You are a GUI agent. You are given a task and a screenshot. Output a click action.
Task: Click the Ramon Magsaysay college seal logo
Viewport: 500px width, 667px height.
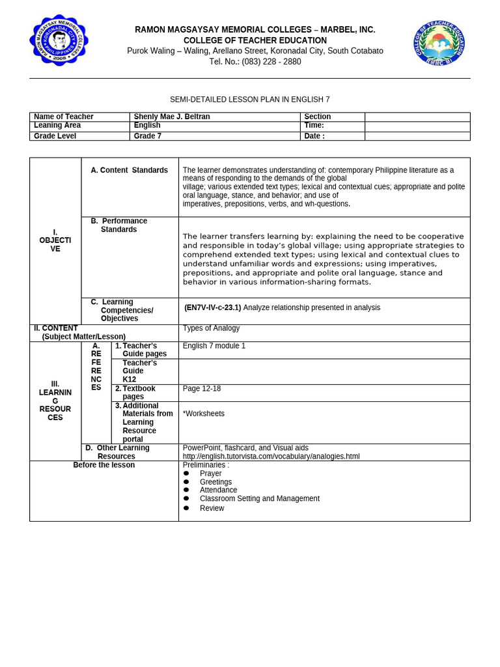click(x=59, y=40)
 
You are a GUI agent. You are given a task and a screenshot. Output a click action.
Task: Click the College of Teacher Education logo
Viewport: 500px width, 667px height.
click(x=439, y=42)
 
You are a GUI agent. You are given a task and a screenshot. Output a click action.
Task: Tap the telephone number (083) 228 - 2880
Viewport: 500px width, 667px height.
click(x=255, y=62)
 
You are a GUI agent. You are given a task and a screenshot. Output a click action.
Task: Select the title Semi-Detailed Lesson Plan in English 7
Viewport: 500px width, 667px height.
click(x=250, y=100)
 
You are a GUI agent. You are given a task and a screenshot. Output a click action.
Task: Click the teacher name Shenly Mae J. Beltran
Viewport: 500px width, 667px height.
click(x=172, y=117)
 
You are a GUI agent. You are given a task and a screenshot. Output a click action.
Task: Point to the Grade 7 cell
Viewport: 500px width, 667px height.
click(x=148, y=136)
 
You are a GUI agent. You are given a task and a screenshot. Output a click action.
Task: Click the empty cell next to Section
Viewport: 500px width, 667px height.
click(x=417, y=117)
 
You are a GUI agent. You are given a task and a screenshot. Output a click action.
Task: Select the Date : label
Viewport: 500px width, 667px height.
click(x=314, y=136)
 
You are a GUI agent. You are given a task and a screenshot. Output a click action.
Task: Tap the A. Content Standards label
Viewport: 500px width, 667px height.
click(x=129, y=170)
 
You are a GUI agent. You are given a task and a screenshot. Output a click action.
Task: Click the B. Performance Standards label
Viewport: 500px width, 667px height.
click(x=119, y=225)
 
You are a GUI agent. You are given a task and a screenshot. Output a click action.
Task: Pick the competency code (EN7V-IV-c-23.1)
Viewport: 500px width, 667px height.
click(x=212, y=307)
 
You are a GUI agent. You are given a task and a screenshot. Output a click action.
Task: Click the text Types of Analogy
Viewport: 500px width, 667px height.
click(x=211, y=328)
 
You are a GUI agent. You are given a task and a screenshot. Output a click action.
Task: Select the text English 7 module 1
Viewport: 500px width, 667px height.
click(x=214, y=346)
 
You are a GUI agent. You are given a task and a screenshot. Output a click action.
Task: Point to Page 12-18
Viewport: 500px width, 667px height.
click(x=202, y=389)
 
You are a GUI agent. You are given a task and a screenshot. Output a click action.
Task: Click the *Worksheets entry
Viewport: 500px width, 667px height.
click(x=204, y=414)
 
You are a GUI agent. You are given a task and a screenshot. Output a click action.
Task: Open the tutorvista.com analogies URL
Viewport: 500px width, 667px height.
click(x=271, y=457)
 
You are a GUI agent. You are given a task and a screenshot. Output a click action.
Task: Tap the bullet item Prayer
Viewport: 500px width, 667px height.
click(x=210, y=474)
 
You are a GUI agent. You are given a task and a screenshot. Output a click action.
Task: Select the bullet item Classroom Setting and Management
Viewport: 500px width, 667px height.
click(x=259, y=498)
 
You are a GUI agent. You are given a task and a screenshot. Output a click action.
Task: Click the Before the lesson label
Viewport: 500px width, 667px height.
click(x=104, y=465)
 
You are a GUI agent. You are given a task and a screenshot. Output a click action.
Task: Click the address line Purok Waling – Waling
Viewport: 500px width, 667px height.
click(x=255, y=51)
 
